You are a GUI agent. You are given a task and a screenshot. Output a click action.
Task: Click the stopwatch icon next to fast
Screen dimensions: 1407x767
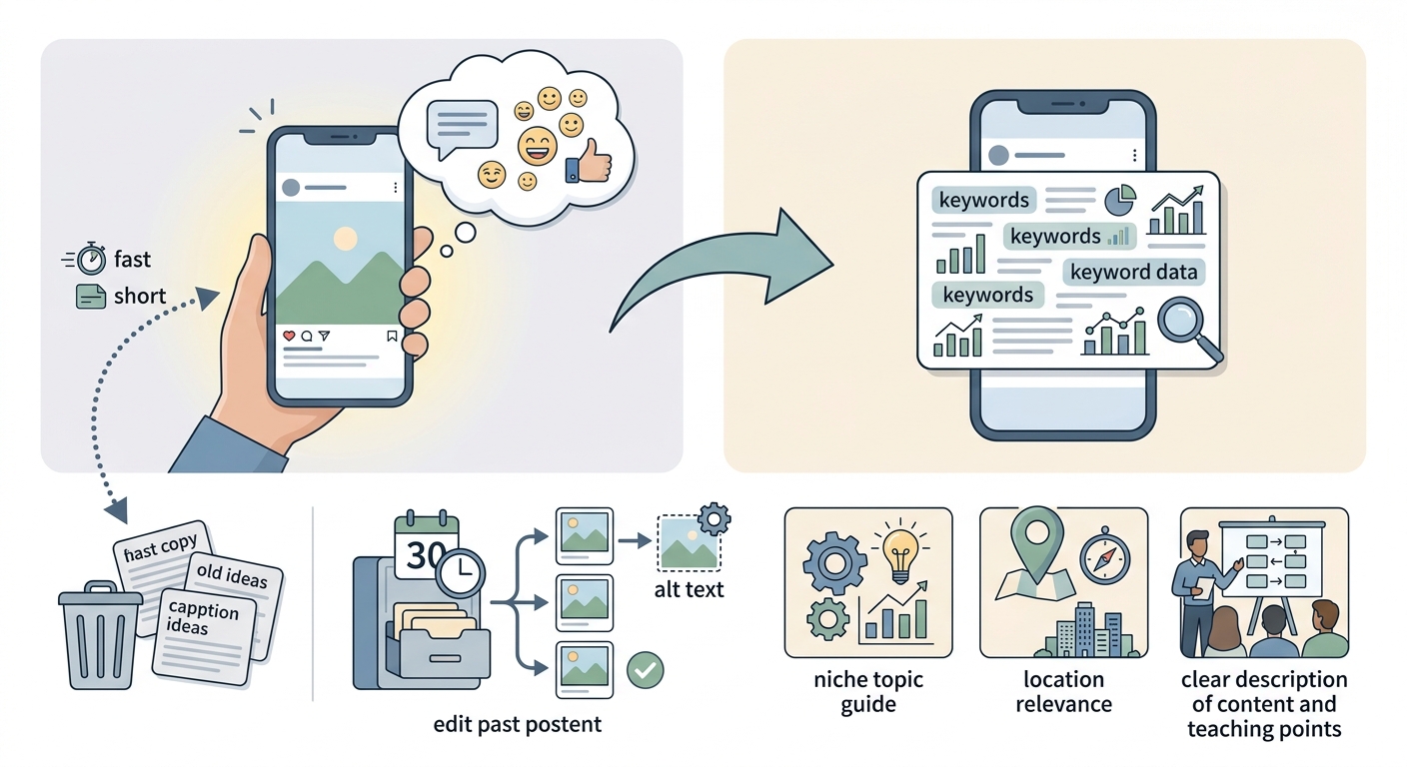pos(92,258)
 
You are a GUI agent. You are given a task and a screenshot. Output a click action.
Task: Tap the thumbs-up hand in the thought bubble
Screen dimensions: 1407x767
pos(590,162)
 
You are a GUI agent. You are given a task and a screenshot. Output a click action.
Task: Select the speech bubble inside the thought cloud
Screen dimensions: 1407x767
pos(462,130)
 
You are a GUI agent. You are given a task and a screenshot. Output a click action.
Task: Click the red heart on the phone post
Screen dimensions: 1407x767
pos(289,336)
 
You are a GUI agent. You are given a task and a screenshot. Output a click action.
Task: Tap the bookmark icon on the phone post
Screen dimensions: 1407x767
pos(392,337)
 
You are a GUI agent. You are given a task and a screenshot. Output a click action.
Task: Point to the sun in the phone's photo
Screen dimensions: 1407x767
pos(345,239)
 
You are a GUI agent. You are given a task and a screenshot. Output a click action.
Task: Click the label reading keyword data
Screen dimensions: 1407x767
pos(1134,273)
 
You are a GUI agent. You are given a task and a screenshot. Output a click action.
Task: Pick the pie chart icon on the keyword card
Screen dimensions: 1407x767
pos(1120,200)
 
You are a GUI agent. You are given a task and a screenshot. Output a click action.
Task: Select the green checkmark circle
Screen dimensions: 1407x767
pos(646,670)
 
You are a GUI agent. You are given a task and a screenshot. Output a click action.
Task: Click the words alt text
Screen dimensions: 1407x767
pos(690,589)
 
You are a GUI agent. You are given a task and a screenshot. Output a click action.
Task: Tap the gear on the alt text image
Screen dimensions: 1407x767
pos(714,518)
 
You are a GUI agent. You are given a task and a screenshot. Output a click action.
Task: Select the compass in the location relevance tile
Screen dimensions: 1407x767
pos(1105,557)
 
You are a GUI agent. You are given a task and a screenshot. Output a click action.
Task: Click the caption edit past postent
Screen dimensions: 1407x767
pos(518,724)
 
